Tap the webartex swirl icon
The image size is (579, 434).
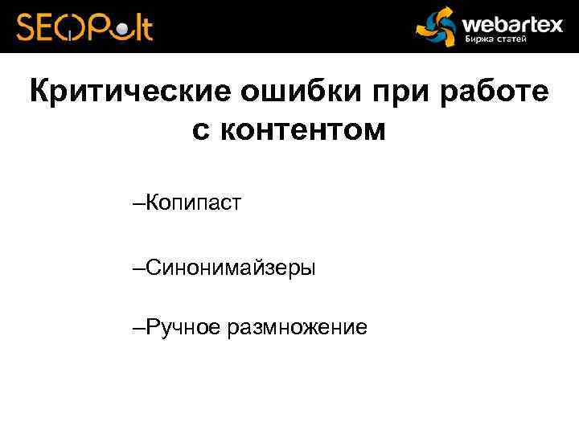pyautogui.click(x=435, y=27)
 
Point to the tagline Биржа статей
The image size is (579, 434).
pyautogui.click(x=496, y=40)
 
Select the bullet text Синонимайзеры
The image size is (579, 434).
pyautogui.click(x=231, y=268)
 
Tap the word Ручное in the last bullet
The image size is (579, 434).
pyautogui.click(x=183, y=327)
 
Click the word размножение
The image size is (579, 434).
pyautogui.click(x=298, y=328)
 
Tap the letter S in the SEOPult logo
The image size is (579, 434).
pyautogui.click(x=27, y=27)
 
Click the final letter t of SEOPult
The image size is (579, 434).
pyautogui.click(x=146, y=27)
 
